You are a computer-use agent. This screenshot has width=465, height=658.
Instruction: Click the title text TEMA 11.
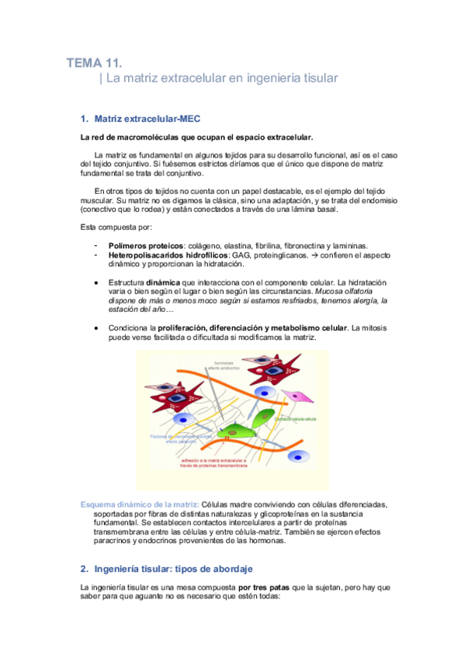point(94,63)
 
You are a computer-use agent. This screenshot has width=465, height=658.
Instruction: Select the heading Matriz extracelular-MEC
point(147,119)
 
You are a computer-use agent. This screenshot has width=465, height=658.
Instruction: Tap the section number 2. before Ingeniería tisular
point(85,569)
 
